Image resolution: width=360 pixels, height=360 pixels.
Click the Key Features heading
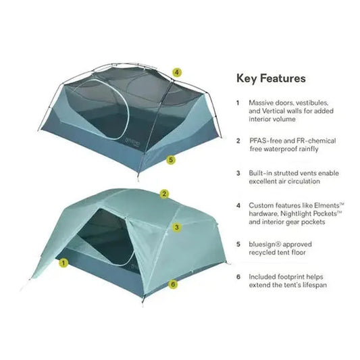click(270, 78)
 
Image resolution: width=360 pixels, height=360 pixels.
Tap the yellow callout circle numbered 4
click(176, 72)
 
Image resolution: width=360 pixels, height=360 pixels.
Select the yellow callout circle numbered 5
click(171, 160)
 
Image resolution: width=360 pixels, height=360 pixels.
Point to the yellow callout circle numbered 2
click(164, 193)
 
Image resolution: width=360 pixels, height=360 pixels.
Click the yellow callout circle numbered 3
click(176, 228)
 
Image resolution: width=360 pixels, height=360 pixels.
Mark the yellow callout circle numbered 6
click(173, 284)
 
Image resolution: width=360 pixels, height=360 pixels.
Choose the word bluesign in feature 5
click(262, 245)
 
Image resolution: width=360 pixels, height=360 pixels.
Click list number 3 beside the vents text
click(238, 172)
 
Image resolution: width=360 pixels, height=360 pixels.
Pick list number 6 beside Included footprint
click(238, 276)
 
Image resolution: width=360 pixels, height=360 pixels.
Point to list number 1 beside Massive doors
click(238, 103)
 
